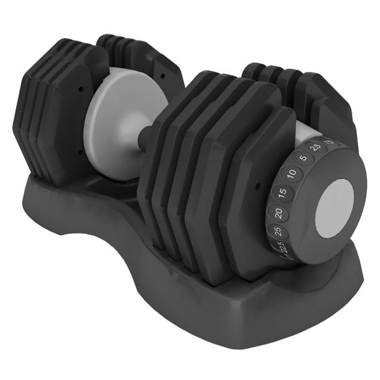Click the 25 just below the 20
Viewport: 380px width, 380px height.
(273, 232)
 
